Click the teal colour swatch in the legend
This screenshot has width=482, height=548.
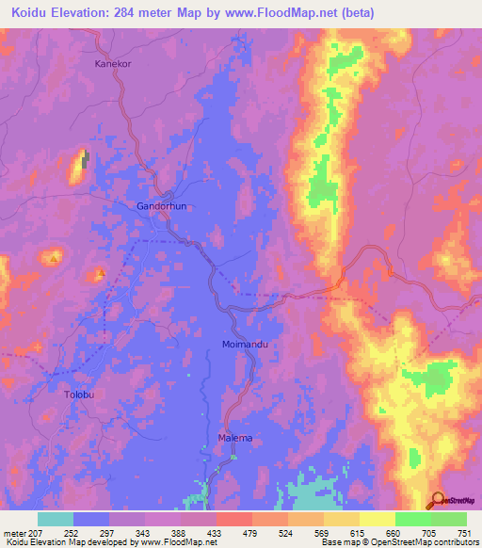pos(56,519)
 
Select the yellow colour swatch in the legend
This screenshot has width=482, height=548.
pos(378,519)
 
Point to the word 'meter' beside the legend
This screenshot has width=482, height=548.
pos(15,533)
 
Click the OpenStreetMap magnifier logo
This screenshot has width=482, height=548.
pos(439,500)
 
